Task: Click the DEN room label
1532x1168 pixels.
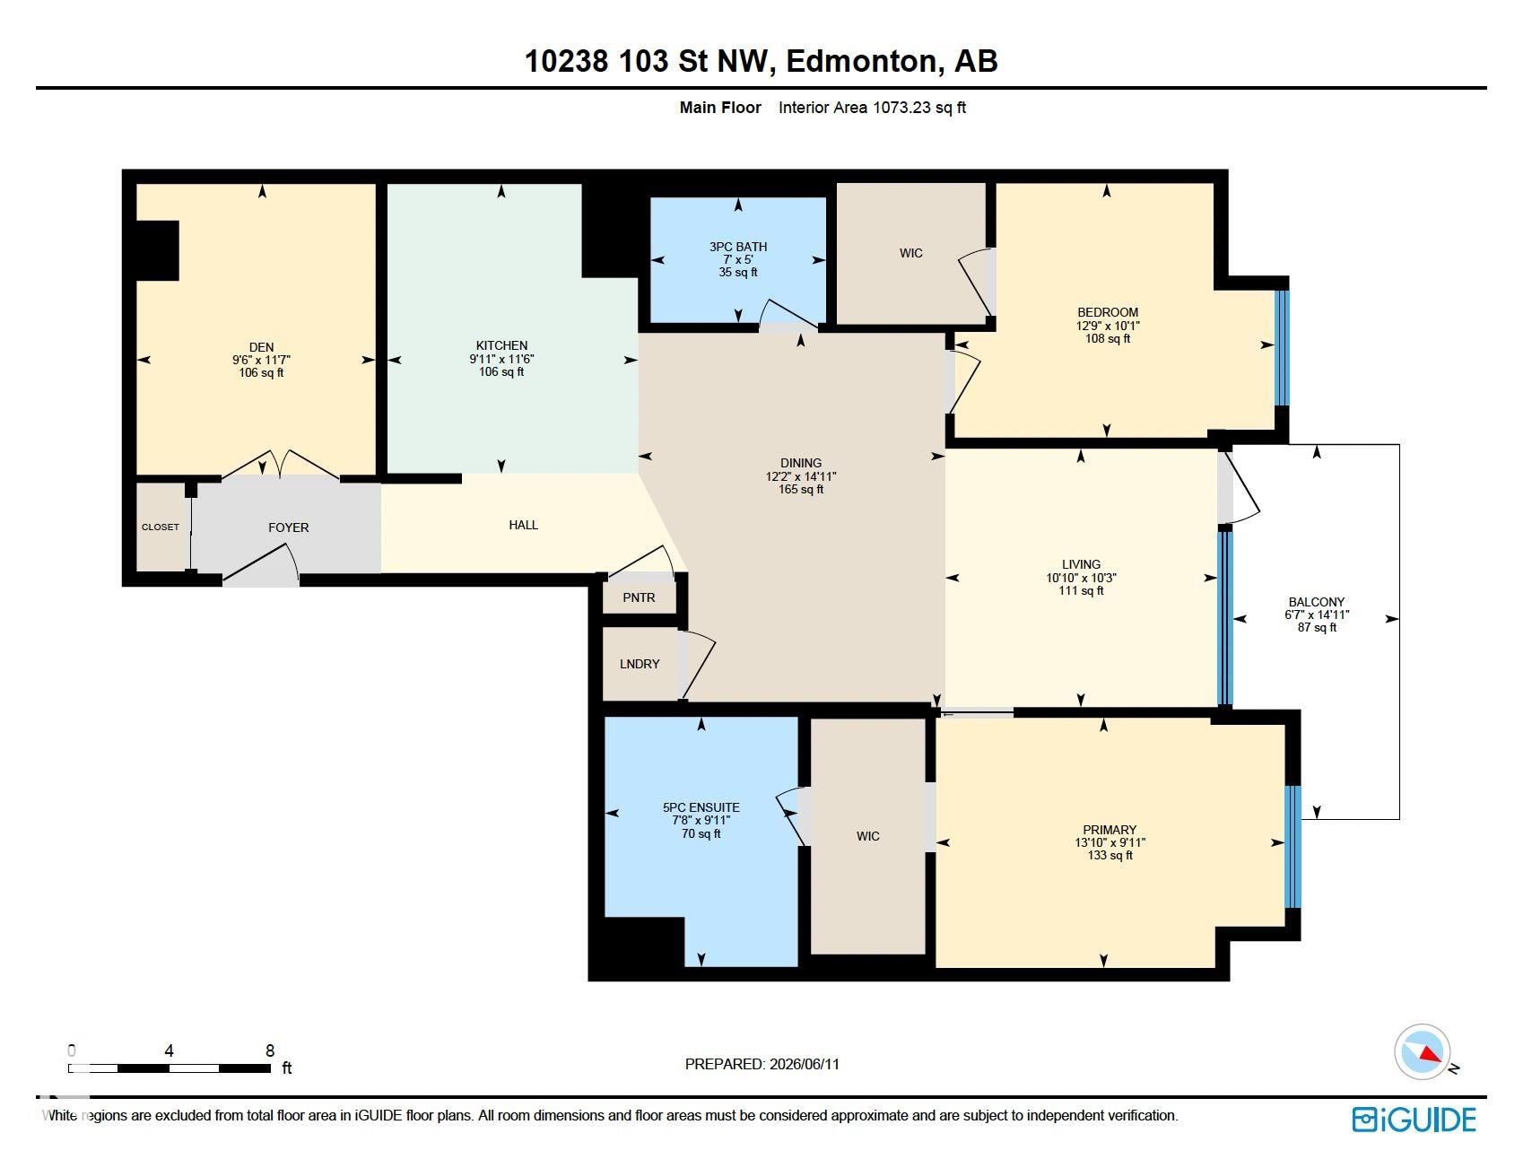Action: click(x=262, y=347)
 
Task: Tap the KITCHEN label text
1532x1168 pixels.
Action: click(x=501, y=345)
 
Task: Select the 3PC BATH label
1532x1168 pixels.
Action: click(x=738, y=247)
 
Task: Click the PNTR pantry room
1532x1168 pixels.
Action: click(x=639, y=597)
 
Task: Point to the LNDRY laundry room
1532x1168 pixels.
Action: click(x=640, y=664)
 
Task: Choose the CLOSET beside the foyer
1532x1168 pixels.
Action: click(x=161, y=527)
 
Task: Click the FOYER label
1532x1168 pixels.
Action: click(x=289, y=527)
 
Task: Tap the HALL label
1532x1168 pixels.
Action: click(x=524, y=525)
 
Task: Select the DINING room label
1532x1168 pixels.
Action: click(x=801, y=464)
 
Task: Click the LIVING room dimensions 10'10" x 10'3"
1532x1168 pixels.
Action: click(x=1081, y=578)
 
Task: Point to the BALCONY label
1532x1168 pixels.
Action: click(x=1317, y=602)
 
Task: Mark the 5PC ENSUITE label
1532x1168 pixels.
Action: click(x=701, y=807)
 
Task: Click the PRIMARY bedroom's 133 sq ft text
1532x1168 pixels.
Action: click(x=1110, y=856)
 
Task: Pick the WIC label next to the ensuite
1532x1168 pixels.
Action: click(x=868, y=836)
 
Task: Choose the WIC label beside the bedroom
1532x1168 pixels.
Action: click(x=911, y=253)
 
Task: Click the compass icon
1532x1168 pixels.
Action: click(x=1423, y=1050)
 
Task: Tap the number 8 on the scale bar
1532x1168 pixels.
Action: click(x=270, y=1050)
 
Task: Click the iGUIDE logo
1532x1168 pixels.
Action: click(x=1414, y=1120)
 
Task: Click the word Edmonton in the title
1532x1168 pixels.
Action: click(x=863, y=61)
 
